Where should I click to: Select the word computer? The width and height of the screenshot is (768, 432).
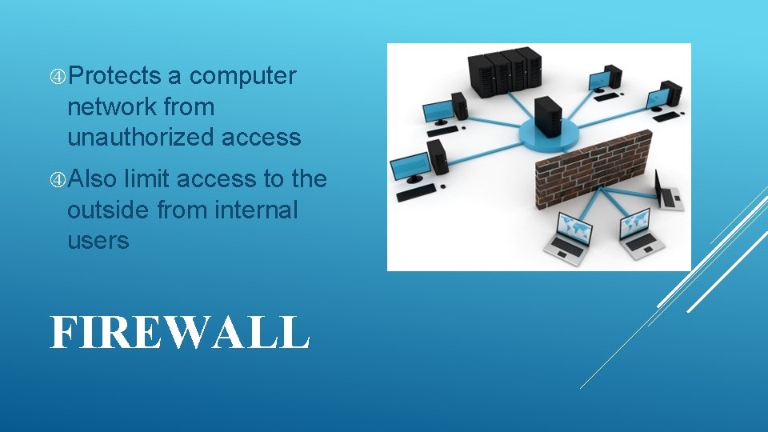(243, 76)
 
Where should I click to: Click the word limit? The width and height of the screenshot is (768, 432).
(147, 179)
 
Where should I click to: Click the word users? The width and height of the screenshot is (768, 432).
(98, 240)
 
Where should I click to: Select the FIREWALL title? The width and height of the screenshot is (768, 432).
(179, 332)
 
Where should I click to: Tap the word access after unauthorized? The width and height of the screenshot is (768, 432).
(261, 137)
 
